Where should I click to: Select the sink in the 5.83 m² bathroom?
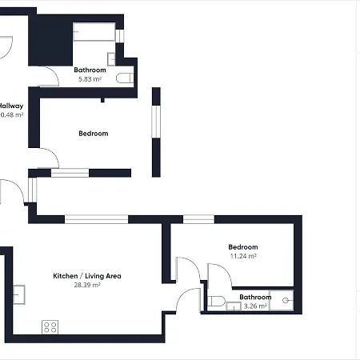[x=111, y=58]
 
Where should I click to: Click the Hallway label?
[x=10, y=106]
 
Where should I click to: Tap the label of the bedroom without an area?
[x=93, y=134]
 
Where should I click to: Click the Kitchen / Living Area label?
[x=86, y=276]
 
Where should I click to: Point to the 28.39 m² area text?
[x=86, y=285]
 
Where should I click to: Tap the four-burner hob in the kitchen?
[x=50, y=326]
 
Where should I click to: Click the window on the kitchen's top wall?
[x=96, y=219]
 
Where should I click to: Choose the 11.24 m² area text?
[x=242, y=257]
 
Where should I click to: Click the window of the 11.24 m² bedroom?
[x=198, y=219]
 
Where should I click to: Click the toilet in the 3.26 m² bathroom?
[x=216, y=301]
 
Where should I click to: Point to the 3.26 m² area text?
[x=254, y=306]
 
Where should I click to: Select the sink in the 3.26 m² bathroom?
[x=231, y=306]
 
